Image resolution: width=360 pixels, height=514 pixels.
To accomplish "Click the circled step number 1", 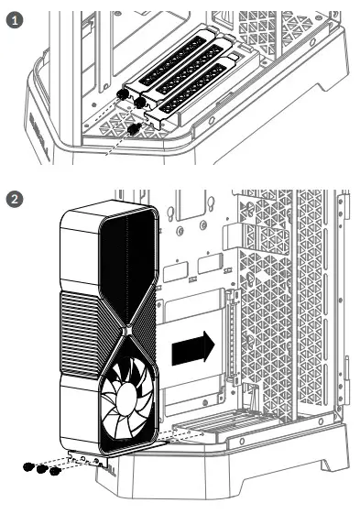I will tap(12, 19).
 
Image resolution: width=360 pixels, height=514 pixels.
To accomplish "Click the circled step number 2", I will tap(12, 197).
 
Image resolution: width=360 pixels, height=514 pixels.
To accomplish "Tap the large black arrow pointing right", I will tap(194, 347).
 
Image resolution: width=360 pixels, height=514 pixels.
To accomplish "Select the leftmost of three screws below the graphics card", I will tap(29, 467).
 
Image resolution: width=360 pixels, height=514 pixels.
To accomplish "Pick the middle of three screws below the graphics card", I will tap(41, 470).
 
